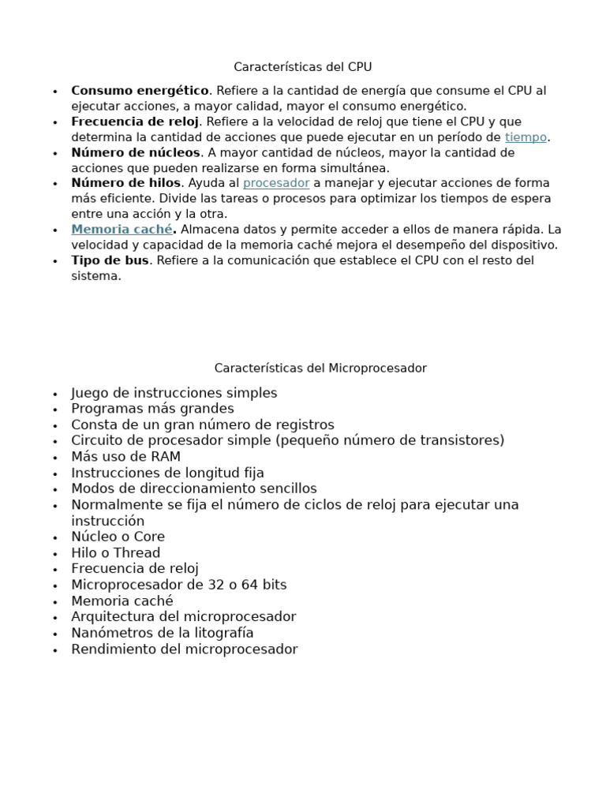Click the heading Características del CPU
pyautogui.click(x=302, y=67)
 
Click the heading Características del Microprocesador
pyautogui.click(x=320, y=368)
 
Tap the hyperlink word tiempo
pyautogui.click(x=526, y=137)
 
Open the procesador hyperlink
pyautogui.click(x=276, y=183)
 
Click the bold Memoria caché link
pyautogui.click(x=122, y=230)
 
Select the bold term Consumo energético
pyautogui.click(x=140, y=91)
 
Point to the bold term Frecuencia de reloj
pyautogui.click(x=136, y=122)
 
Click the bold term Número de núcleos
pyautogui.click(x=136, y=152)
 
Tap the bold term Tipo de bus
pyautogui.click(x=110, y=260)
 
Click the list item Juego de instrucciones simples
pyautogui.click(x=174, y=393)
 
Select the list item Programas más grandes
pyautogui.click(x=152, y=409)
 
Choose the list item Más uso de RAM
pyautogui.click(x=125, y=457)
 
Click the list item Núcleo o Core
pyautogui.click(x=118, y=537)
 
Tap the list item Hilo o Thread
pyautogui.click(x=115, y=552)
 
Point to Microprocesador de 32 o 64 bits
pyautogui.click(x=178, y=585)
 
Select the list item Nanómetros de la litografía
pyautogui.click(x=162, y=633)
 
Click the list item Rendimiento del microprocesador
pyautogui.click(x=184, y=649)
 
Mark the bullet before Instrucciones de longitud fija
pyautogui.click(x=54, y=474)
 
